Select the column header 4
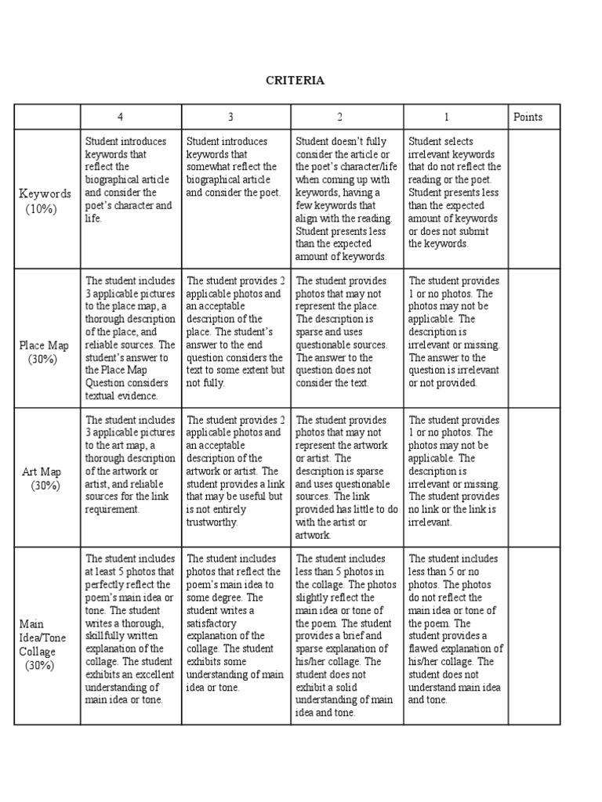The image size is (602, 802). click(120, 117)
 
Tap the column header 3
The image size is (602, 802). click(230, 117)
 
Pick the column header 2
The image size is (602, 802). click(340, 117)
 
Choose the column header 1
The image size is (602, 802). click(446, 117)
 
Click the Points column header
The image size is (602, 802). click(528, 117)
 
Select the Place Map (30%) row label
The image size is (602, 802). click(45, 352)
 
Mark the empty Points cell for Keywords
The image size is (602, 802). click(534, 199)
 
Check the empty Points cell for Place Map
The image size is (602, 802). click(534, 338)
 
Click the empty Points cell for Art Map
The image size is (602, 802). click(534, 477)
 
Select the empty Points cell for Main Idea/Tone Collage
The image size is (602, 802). click(534, 635)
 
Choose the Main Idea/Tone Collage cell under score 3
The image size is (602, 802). click(234, 623)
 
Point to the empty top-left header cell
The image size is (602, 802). click(46, 117)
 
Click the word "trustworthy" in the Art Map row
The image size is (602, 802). click(211, 522)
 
